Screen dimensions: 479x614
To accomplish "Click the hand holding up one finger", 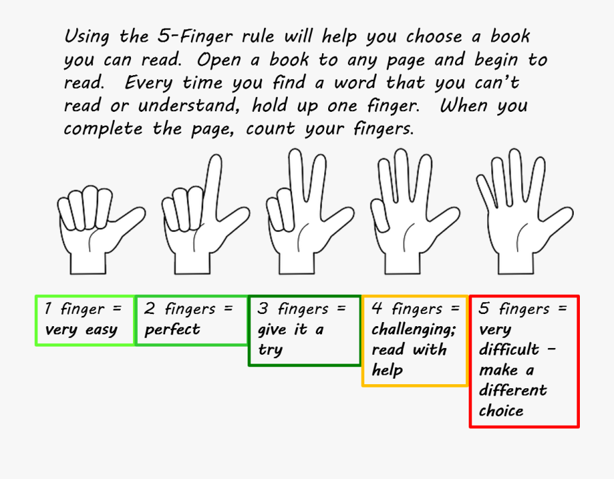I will point(96,225).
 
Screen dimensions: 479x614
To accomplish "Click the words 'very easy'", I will point(81,330).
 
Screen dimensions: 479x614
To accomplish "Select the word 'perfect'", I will point(173,330).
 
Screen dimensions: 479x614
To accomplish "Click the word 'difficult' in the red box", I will point(509,350).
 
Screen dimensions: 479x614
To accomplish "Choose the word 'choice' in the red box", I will point(501,411).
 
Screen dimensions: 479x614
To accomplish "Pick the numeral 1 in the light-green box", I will point(48,308).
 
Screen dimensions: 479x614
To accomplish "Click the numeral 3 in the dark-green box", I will point(263,308).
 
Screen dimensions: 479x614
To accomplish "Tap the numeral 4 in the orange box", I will point(377,308).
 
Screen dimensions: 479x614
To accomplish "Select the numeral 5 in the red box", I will point(484,308).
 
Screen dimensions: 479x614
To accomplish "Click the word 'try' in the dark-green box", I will point(270,351).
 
